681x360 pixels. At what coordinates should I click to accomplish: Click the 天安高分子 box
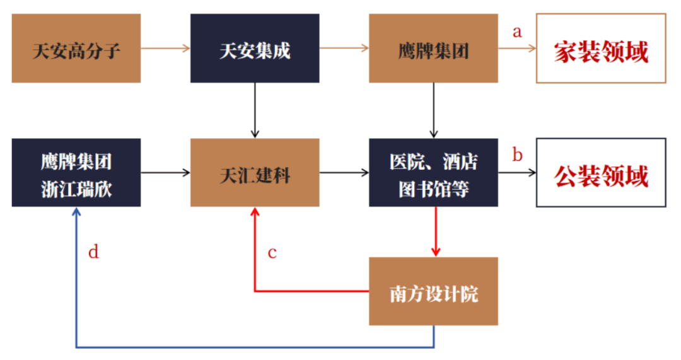click(76, 49)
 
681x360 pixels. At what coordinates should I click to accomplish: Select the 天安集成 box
click(255, 49)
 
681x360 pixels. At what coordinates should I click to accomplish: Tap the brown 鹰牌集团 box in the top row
click(433, 49)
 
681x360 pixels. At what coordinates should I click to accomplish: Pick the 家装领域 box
click(600, 49)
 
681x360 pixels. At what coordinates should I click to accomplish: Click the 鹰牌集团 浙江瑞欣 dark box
click(76, 172)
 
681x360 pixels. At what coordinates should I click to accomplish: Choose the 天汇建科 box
click(255, 172)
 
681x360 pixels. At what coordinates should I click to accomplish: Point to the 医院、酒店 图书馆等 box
click(433, 172)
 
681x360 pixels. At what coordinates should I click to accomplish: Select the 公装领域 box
click(600, 172)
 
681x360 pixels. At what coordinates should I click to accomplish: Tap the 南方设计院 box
click(433, 291)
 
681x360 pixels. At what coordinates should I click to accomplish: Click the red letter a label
click(517, 32)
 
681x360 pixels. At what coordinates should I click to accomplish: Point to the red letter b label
click(517, 155)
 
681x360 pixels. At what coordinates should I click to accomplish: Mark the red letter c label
click(272, 253)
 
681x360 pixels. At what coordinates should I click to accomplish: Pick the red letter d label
click(93, 253)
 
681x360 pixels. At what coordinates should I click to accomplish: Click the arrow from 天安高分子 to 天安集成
click(165, 48)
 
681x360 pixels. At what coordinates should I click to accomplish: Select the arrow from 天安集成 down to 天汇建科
click(255, 110)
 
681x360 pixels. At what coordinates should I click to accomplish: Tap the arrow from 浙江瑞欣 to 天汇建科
click(165, 172)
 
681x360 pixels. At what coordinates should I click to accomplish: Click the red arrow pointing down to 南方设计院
click(435, 231)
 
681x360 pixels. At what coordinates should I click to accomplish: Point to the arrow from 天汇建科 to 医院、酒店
click(344, 172)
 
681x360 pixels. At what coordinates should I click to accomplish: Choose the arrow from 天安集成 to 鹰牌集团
click(344, 48)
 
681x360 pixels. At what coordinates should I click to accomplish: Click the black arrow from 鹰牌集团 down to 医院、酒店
click(433, 110)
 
